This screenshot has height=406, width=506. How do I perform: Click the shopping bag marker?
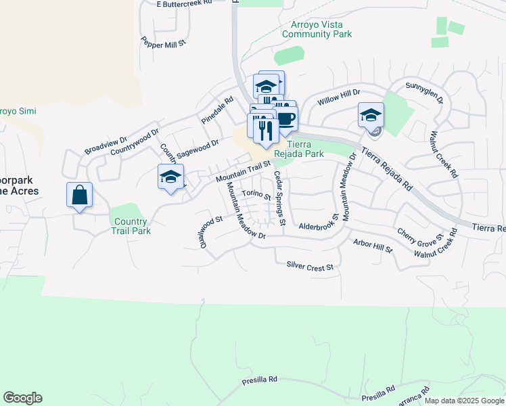(x=80, y=196)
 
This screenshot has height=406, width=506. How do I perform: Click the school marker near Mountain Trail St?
(x=170, y=177)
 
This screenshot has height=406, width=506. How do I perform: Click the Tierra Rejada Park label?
(x=305, y=149)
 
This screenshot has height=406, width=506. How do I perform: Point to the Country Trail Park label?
(x=131, y=226)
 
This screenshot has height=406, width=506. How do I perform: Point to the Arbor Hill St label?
(x=373, y=245)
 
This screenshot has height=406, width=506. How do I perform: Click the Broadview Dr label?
(x=106, y=145)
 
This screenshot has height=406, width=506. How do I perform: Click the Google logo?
(x=22, y=398)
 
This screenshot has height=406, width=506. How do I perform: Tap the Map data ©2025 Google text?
(x=463, y=401)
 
